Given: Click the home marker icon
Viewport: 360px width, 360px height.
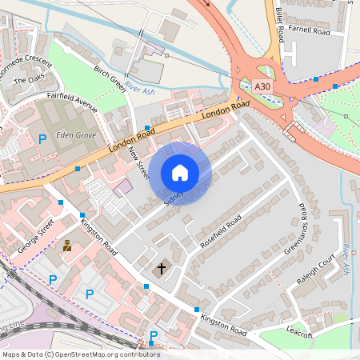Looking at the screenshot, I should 180,173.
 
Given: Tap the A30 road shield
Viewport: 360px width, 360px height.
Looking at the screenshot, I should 262,86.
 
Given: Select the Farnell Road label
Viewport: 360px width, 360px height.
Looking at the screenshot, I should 310,31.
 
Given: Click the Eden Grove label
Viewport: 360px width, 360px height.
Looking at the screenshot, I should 75,135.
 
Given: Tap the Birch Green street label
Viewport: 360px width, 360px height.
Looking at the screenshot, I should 110,78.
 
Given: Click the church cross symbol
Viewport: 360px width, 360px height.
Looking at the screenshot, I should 161,269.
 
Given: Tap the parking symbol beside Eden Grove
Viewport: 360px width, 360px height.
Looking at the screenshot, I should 42,138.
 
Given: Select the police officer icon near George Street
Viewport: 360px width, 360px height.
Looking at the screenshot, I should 67,246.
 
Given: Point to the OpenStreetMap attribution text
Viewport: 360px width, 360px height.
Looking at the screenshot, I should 80,354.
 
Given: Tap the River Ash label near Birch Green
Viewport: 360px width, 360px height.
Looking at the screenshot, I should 139,92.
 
